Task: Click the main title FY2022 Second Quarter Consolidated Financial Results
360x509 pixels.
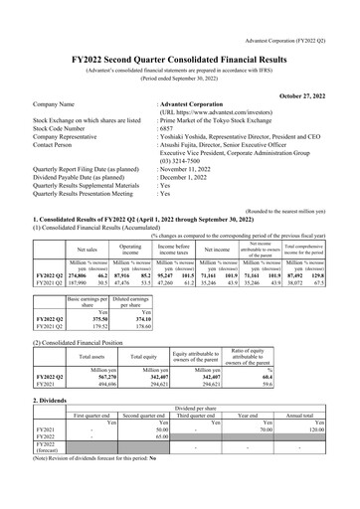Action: (x=179, y=31)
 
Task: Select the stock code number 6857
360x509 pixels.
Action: (x=166, y=100)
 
